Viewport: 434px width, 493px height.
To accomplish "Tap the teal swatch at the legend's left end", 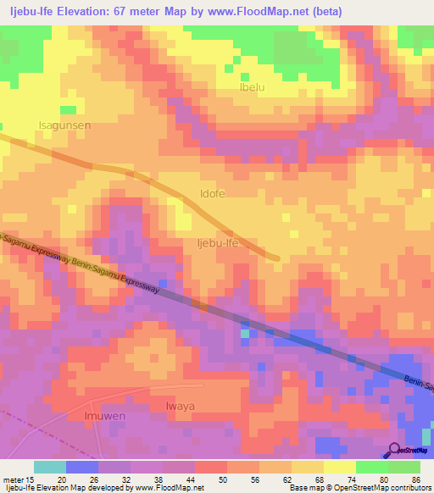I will coord(50,466).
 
